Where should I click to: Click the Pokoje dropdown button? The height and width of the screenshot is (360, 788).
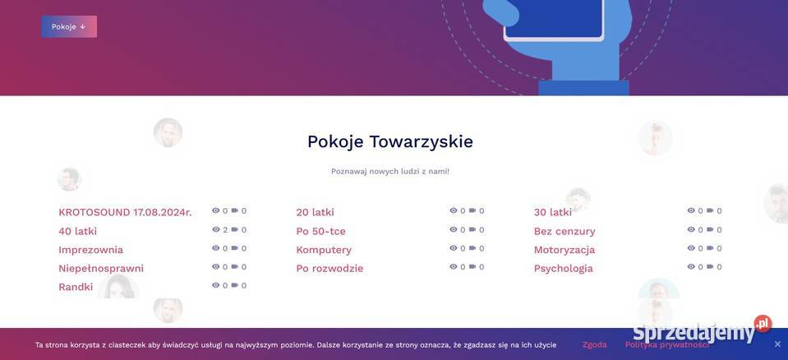pos(69,26)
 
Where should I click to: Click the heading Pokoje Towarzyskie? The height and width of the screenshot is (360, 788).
pos(389,141)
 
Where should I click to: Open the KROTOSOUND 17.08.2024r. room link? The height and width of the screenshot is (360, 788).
pos(125,212)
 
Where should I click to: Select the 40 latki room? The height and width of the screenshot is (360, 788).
pos(77,231)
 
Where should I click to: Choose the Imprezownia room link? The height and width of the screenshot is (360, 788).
pos(90,250)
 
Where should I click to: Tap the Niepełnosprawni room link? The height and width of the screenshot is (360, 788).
pos(101,268)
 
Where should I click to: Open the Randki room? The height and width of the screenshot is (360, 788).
pos(76,287)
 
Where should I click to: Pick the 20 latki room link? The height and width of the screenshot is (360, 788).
pos(315,212)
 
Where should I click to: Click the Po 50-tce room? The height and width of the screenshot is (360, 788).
pos(320,231)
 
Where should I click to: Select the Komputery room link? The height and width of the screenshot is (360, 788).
pos(324,250)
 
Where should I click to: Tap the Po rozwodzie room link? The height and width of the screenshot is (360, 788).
pos(329,268)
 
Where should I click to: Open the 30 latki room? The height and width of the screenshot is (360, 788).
pos(552,212)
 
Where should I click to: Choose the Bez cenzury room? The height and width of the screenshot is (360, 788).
pos(565,231)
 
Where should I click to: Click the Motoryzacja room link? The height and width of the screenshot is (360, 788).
pos(565,250)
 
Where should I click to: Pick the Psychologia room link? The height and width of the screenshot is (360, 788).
pos(563,268)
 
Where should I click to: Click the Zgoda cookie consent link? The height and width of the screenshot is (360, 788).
pos(594,344)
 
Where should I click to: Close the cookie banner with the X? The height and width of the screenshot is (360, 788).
pos(777,344)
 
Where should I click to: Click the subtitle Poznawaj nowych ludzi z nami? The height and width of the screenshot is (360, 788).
pos(389,171)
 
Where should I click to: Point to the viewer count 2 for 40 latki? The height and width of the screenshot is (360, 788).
pos(225,230)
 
